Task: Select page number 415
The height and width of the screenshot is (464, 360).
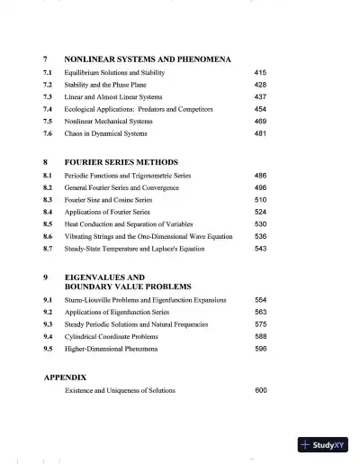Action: tap(261, 71)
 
